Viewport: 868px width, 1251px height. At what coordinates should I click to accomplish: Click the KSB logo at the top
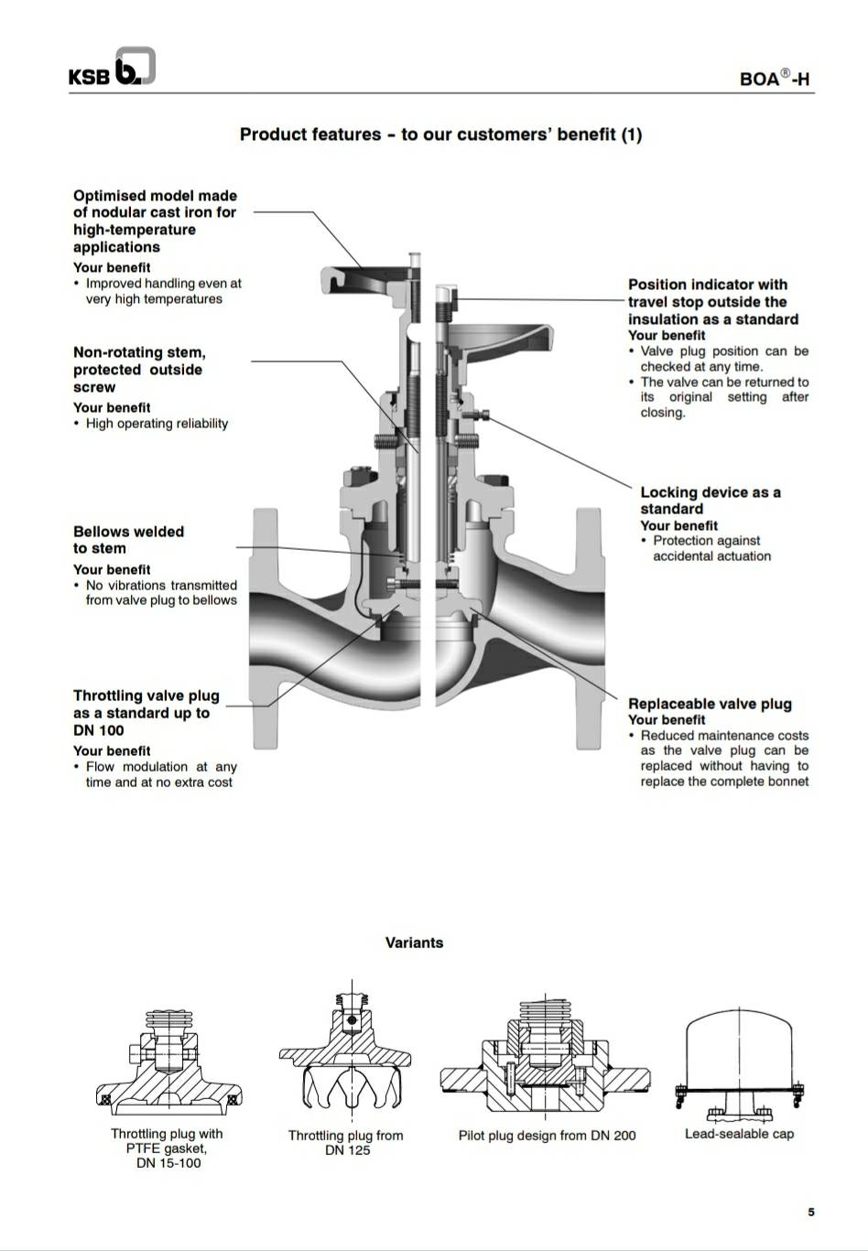(x=111, y=69)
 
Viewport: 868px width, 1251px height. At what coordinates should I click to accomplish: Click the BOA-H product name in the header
(x=774, y=79)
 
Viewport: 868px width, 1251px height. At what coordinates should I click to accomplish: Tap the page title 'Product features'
(x=440, y=135)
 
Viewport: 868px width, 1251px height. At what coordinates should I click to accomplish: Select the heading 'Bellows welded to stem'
(x=128, y=540)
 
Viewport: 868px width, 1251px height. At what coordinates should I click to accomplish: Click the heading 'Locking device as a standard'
(x=710, y=501)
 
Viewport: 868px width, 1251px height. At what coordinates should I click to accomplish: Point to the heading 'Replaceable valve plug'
(x=710, y=704)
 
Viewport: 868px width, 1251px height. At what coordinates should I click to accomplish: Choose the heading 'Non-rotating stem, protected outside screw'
(x=139, y=370)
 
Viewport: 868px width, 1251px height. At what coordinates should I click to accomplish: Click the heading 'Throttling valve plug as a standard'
(x=146, y=713)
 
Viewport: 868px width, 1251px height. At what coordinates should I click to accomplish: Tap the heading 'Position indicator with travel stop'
(x=712, y=302)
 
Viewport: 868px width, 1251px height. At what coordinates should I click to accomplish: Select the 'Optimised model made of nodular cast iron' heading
(x=155, y=221)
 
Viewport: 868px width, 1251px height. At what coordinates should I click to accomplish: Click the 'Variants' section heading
(x=414, y=943)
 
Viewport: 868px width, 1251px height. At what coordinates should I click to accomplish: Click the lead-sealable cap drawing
(x=739, y=1062)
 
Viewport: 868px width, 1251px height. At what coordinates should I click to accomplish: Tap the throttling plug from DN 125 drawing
(x=346, y=1052)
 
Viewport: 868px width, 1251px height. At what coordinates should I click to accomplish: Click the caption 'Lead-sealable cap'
(x=739, y=1134)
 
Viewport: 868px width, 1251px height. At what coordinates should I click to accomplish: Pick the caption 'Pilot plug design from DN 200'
(x=547, y=1136)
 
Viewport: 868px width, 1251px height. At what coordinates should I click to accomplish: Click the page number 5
(x=810, y=1213)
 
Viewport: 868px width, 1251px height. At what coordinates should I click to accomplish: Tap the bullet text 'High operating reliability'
(x=157, y=424)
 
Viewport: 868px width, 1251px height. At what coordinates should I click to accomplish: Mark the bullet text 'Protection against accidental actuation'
(x=711, y=548)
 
